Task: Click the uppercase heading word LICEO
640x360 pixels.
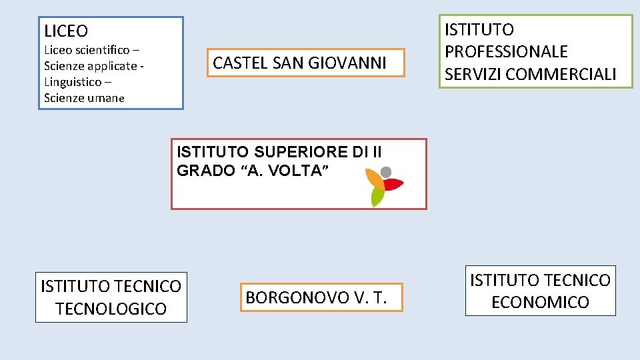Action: (x=66, y=31)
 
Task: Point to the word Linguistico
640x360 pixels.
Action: (x=73, y=82)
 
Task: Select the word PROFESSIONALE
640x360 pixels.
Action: (x=506, y=52)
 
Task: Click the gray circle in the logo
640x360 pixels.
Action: (x=386, y=171)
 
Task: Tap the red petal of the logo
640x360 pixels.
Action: (x=393, y=184)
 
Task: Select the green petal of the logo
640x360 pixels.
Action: (x=377, y=197)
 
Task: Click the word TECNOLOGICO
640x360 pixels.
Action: (x=111, y=309)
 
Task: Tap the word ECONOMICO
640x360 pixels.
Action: (x=540, y=303)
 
